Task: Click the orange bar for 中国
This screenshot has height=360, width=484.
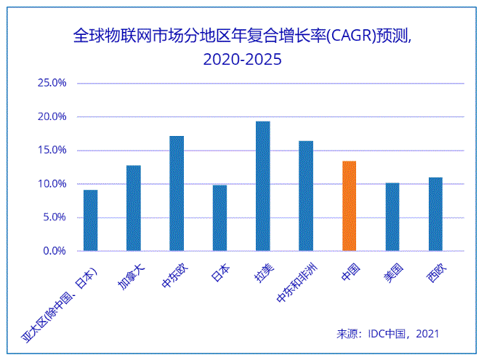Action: (x=349, y=206)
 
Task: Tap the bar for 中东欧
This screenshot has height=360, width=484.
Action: (x=177, y=193)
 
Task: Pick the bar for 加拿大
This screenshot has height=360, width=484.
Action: (x=133, y=208)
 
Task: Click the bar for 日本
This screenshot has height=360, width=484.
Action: (x=219, y=218)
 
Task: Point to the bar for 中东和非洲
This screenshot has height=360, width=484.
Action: (x=306, y=196)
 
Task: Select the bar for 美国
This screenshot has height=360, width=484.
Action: (x=392, y=217)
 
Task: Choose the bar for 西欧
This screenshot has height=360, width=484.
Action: (x=435, y=214)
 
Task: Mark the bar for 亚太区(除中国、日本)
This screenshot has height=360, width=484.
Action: (x=90, y=220)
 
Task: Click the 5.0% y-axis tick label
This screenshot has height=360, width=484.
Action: (x=54, y=217)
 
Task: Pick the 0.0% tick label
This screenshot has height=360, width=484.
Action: (x=54, y=251)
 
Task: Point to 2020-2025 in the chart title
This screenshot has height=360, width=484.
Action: (x=242, y=60)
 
